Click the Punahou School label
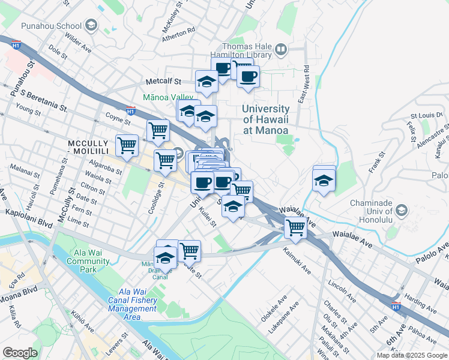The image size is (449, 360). (51, 26)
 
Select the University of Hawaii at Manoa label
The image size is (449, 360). (265, 119)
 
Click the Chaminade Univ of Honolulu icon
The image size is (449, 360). (401, 210)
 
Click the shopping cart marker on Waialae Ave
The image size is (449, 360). (295, 227)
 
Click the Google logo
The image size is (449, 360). (20, 353)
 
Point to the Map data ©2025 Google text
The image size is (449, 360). (412, 355)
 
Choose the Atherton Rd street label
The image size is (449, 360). (178, 37)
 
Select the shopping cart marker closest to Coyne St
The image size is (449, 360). (158, 130)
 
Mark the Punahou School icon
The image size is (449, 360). (91, 25)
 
